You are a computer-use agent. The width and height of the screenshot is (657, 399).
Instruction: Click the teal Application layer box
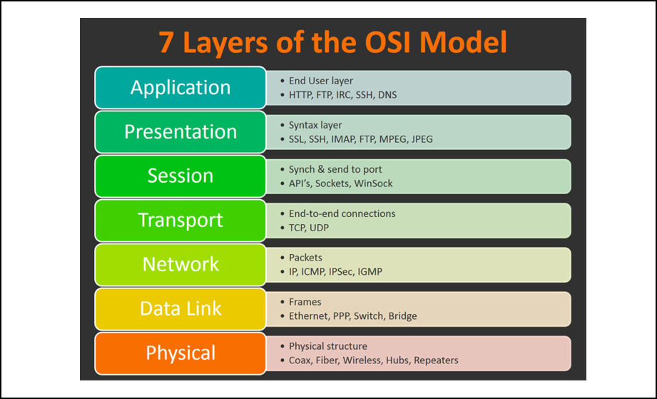180,88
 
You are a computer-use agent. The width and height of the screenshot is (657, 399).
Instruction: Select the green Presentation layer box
180,132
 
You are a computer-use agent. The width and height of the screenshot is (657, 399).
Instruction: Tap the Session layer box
180,176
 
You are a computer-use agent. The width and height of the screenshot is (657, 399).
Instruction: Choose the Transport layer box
180,221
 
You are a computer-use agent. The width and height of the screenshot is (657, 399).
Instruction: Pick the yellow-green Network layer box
180,265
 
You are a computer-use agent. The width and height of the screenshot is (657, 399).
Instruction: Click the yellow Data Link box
180,309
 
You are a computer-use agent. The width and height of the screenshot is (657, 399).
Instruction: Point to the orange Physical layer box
180,353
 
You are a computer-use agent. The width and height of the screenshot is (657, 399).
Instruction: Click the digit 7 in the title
166,42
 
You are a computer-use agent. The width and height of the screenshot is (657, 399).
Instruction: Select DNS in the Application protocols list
387,95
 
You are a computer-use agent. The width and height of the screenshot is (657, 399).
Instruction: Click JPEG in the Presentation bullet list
422,139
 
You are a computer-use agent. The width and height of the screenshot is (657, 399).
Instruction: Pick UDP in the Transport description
320,228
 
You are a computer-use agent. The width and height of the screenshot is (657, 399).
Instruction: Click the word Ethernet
308,316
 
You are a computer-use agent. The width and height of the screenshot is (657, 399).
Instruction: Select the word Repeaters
436,360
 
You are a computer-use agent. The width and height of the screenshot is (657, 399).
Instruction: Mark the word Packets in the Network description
305,258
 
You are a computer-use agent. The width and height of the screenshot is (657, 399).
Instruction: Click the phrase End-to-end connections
342,213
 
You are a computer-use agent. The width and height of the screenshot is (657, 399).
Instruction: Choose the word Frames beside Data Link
305,302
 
